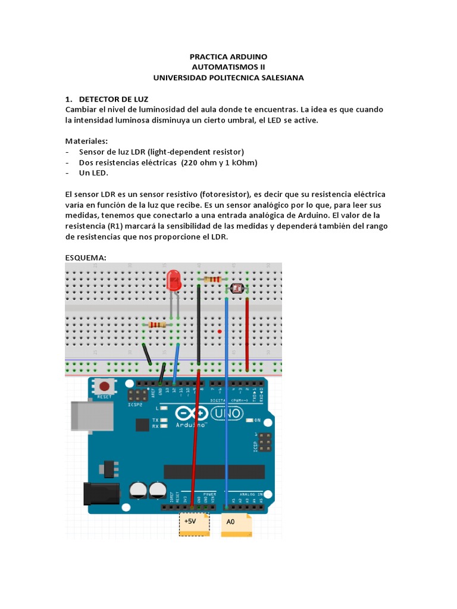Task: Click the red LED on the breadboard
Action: point(174,280)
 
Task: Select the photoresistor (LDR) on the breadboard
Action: point(237,288)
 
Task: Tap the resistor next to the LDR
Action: point(212,279)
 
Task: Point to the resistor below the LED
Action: point(158,325)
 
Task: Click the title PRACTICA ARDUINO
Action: point(228,57)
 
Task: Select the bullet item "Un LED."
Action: point(94,173)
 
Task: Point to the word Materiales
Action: point(87,141)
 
